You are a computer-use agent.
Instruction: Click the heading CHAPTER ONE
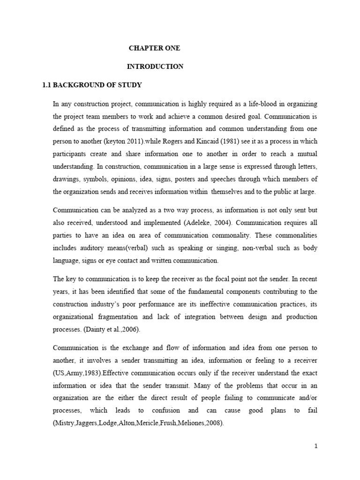pyautogui.click(x=154, y=48)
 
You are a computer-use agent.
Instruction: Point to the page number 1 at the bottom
pyautogui.click(x=316, y=446)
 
